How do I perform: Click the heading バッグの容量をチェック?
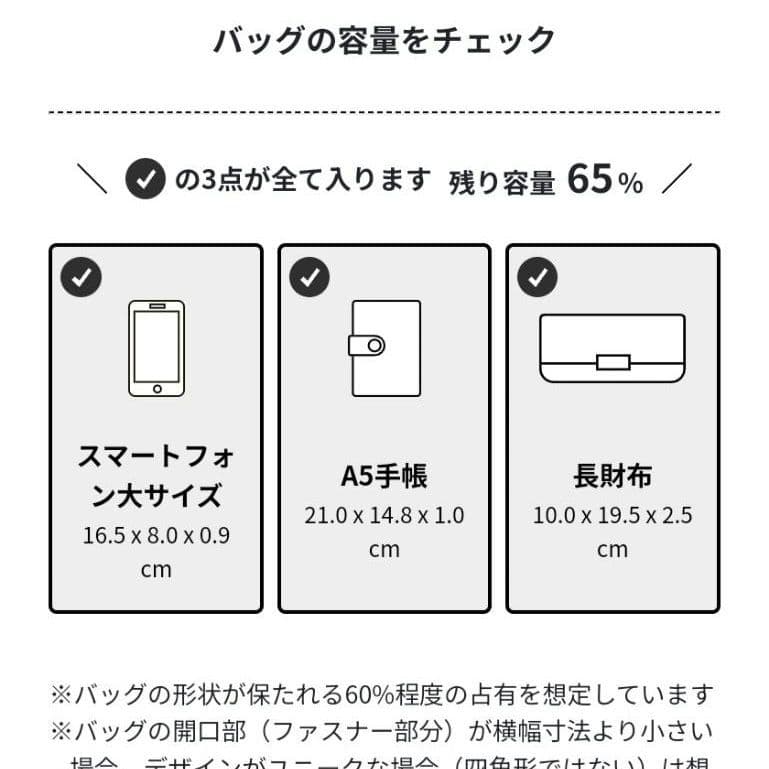coord(384,41)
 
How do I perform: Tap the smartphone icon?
coord(156,347)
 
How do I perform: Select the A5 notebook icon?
coord(385,347)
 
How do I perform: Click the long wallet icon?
coord(612,348)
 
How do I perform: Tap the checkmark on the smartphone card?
coord(81,277)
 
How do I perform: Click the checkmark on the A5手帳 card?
coord(309,277)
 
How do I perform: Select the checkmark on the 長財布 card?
coord(537,277)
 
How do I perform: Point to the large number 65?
coord(589,180)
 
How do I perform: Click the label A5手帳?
coord(384,476)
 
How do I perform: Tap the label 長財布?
coord(612,476)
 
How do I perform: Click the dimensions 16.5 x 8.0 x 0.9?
coord(156,536)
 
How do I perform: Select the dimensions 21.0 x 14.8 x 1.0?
coord(384,516)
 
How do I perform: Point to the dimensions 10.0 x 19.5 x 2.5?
coord(612,516)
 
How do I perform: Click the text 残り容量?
coord(502,182)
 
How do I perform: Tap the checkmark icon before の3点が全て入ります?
coord(145,180)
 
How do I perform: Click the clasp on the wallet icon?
coord(612,362)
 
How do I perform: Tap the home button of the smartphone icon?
coord(156,387)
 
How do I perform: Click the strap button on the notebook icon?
coord(373,346)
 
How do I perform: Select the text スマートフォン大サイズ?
coord(156,476)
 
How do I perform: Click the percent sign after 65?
coord(630,183)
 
